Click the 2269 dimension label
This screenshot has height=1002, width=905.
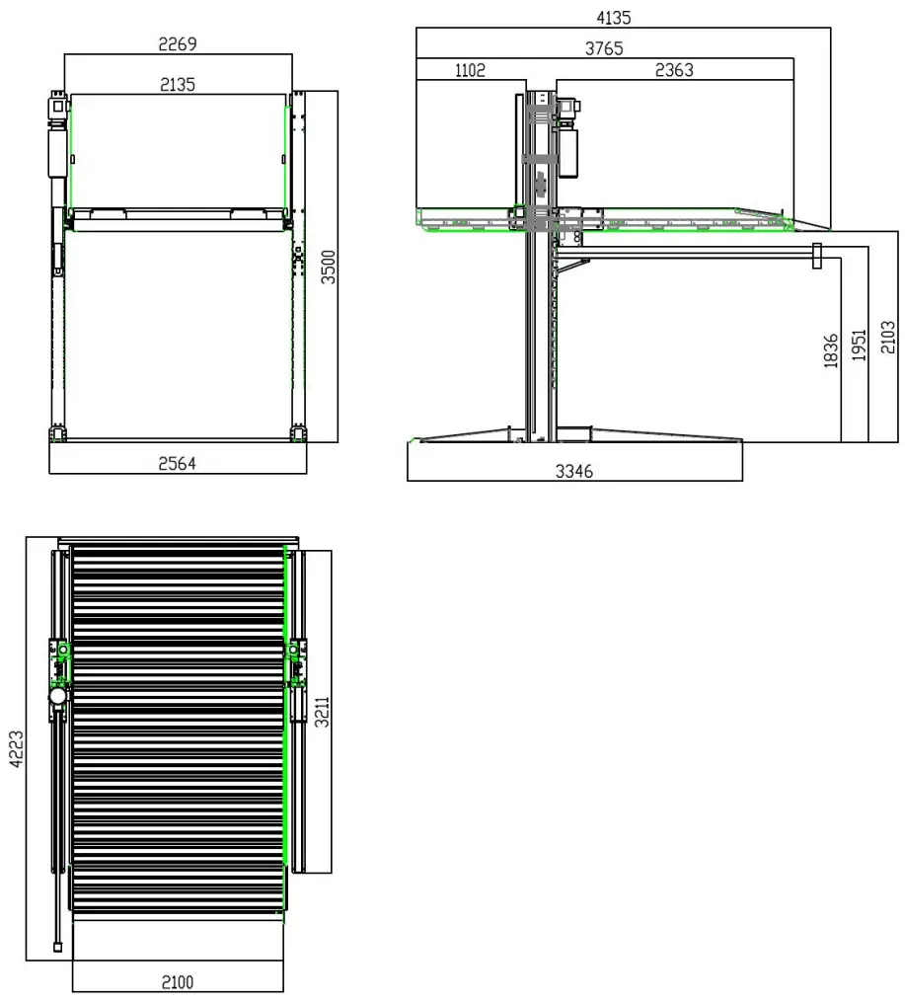pyautogui.click(x=178, y=43)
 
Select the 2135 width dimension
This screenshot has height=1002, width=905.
pyautogui.click(x=178, y=85)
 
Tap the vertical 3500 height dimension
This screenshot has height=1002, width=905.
pyautogui.click(x=330, y=267)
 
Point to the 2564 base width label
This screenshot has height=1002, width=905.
pyautogui.click(x=178, y=464)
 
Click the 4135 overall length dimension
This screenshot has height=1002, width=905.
pyautogui.click(x=613, y=17)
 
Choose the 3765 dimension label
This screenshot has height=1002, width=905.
pyautogui.click(x=603, y=48)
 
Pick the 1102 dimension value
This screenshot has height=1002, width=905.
pyautogui.click(x=471, y=70)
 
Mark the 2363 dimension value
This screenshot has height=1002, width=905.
pyautogui.click(x=674, y=70)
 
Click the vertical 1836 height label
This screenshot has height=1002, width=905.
pyautogui.click(x=830, y=351)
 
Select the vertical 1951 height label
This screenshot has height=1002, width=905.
pyautogui.click(x=859, y=346)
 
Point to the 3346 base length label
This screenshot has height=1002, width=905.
pyautogui.click(x=573, y=471)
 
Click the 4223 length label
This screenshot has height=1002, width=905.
pyautogui.click(x=15, y=748)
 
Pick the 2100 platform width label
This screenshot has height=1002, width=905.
pyautogui.click(x=178, y=981)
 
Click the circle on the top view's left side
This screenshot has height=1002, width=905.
pyautogui.click(x=58, y=696)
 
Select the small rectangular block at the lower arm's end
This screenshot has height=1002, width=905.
pyautogui.click(x=816, y=256)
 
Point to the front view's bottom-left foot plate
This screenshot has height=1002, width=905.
pyautogui.click(x=57, y=433)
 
